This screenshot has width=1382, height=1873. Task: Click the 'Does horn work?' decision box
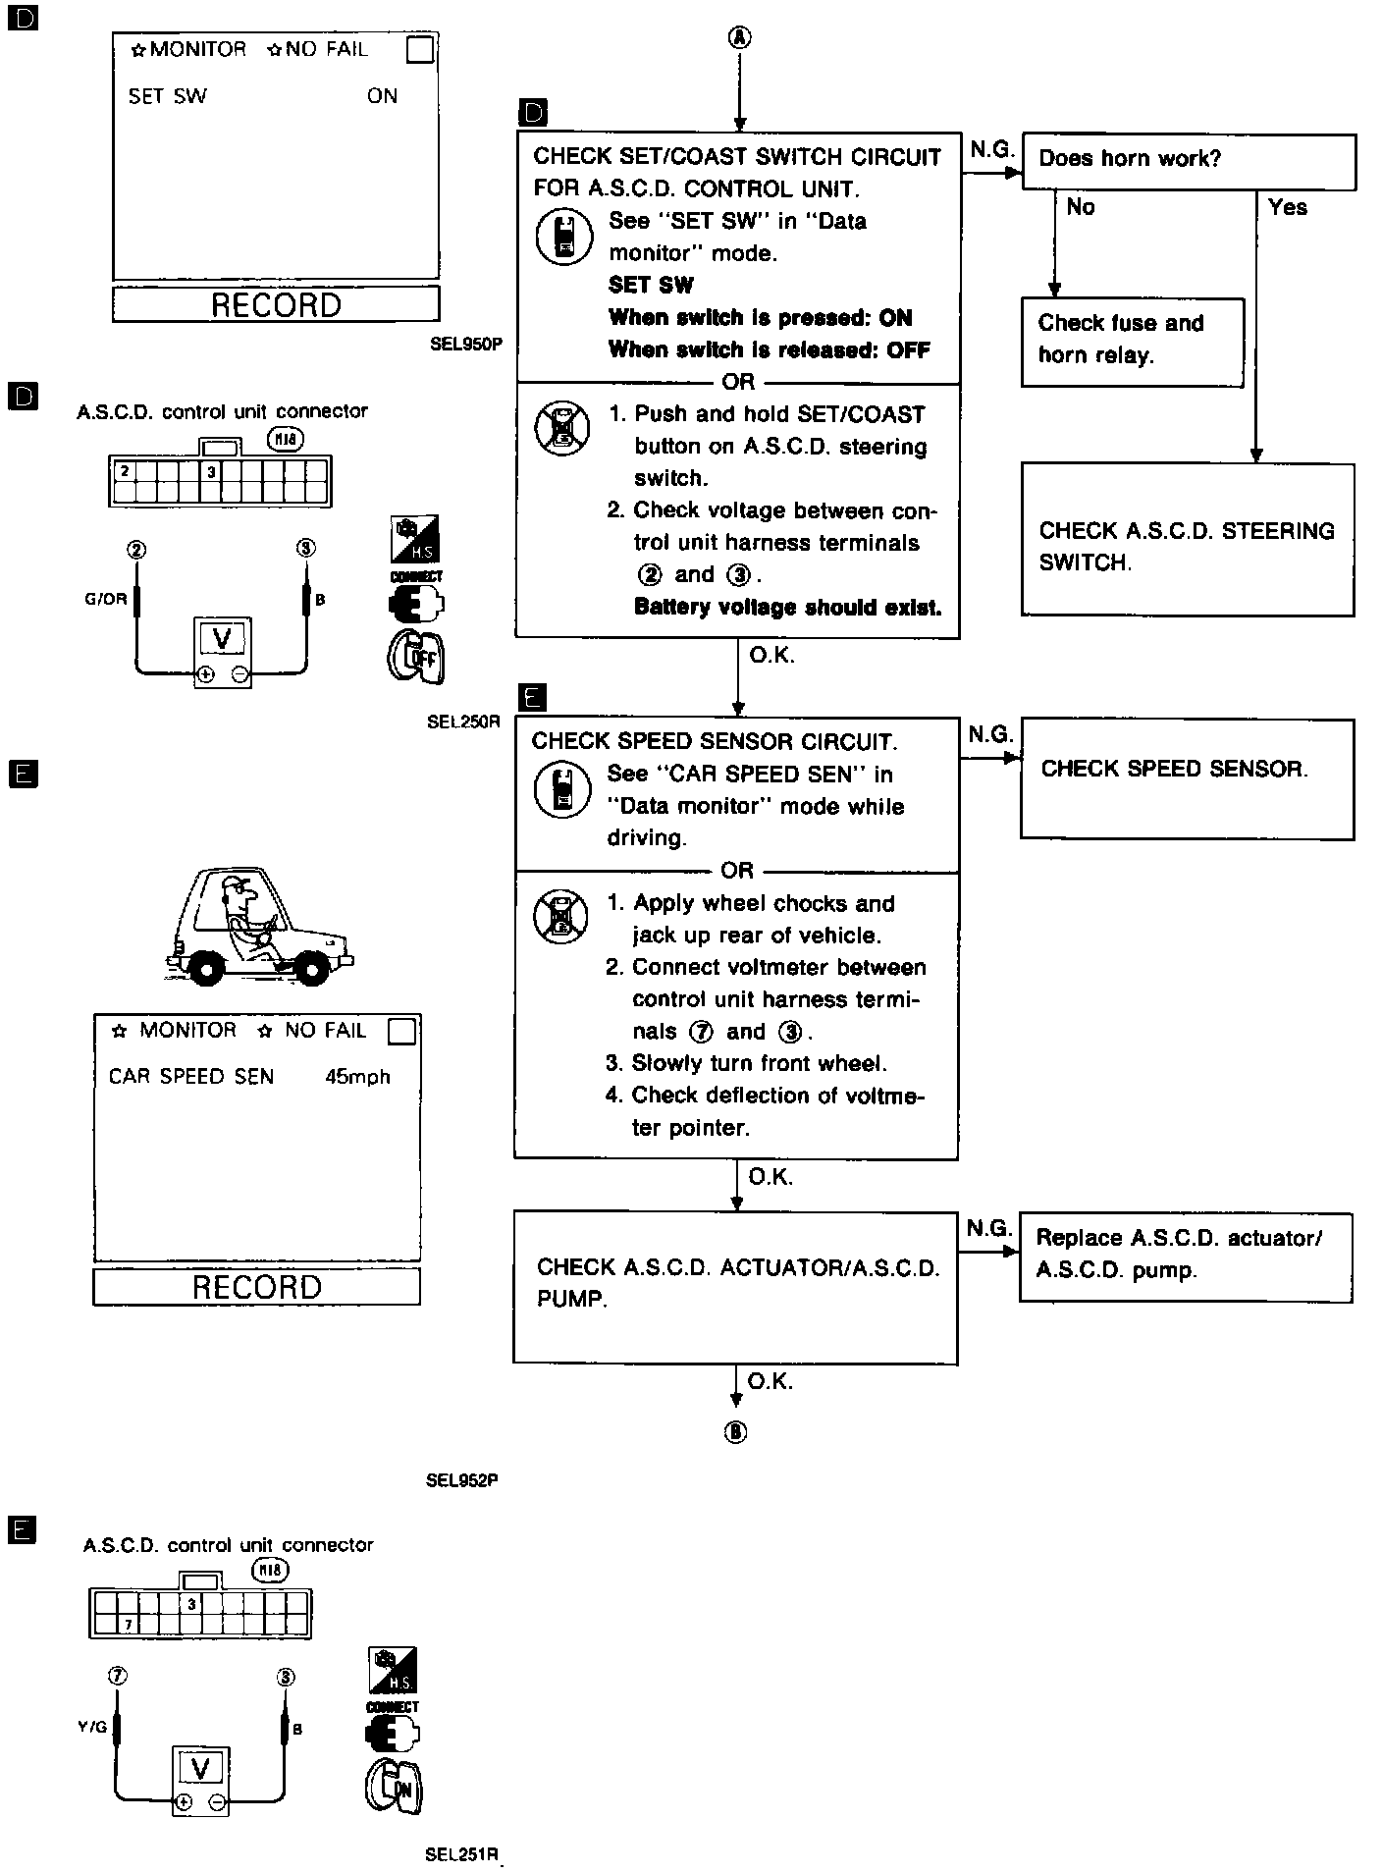[1188, 161]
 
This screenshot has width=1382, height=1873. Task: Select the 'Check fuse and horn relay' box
[1132, 341]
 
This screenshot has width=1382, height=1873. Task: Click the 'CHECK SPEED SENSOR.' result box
[1187, 778]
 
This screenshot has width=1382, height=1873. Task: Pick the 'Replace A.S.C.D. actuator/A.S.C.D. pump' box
[1186, 1257]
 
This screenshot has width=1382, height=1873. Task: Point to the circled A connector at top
[739, 38]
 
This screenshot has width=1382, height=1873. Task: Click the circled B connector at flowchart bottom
[735, 1432]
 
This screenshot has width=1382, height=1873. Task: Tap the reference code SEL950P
[465, 345]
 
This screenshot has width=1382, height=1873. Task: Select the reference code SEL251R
[462, 1854]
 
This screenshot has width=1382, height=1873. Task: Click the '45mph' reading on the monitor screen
[357, 1077]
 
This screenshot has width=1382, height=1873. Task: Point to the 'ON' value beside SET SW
[382, 96]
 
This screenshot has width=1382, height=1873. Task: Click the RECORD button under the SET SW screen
[276, 304]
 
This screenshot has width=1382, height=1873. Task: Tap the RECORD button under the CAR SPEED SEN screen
[256, 1287]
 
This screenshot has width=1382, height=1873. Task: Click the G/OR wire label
[106, 599]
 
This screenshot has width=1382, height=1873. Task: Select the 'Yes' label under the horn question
[1287, 207]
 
